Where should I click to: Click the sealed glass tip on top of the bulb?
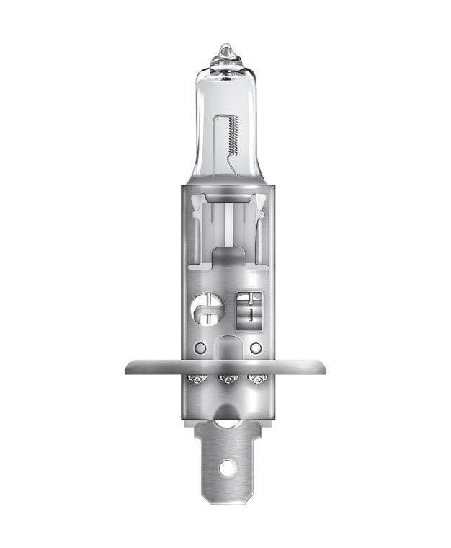click(x=225, y=52)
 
